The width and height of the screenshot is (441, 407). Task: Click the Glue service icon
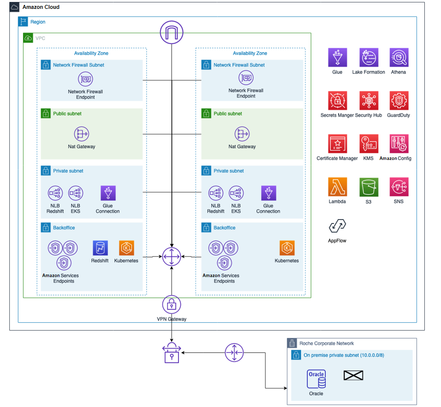[338, 58]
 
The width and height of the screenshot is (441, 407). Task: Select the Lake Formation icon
[369, 58]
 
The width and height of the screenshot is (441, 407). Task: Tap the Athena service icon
[399, 58]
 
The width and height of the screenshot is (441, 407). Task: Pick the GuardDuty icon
[398, 100]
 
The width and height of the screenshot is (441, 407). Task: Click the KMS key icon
[369, 144]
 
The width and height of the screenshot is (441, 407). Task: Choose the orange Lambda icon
[338, 187]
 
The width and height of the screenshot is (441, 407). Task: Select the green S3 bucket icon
[369, 187]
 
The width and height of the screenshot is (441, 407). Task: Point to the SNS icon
[399, 187]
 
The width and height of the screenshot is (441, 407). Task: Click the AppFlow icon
[338, 226]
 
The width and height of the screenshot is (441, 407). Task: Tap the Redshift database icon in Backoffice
[100, 248]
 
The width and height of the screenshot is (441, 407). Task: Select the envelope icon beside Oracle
[353, 376]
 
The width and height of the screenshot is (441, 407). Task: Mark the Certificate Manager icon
[338, 144]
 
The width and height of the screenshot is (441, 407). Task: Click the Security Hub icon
[369, 100]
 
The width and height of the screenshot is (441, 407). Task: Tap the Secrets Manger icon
[338, 100]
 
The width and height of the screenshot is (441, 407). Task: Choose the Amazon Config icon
[399, 144]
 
